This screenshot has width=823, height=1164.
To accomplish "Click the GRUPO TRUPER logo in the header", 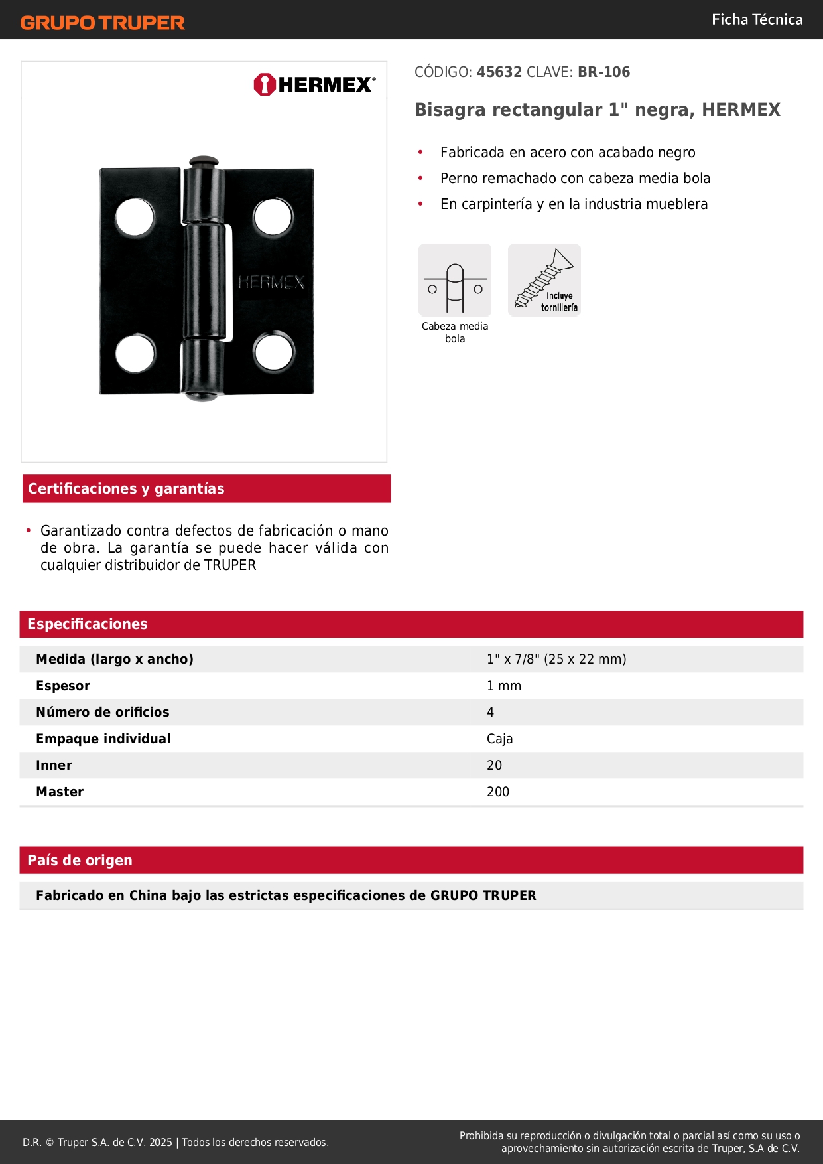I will pyautogui.click(x=102, y=23).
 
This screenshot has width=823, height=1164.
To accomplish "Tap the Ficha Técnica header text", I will pyautogui.click(x=757, y=19).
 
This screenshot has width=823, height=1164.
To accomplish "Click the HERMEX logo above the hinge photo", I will pyautogui.click(x=314, y=84).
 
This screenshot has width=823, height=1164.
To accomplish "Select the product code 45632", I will pyautogui.click(x=499, y=72).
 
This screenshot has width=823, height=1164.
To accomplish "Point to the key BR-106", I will pyautogui.click(x=603, y=72).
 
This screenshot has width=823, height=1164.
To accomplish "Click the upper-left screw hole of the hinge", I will pyautogui.click(x=135, y=217).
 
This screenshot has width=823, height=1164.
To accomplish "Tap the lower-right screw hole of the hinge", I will pyautogui.click(x=274, y=352).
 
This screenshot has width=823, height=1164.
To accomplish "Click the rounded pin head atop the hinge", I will pyautogui.click(x=203, y=162).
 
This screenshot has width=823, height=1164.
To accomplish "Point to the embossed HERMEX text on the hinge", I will pyautogui.click(x=271, y=283).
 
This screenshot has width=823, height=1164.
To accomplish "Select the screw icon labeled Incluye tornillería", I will pyautogui.click(x=544, y=280).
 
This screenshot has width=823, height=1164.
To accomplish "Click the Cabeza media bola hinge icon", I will pyautogui.click(x=455, y=280).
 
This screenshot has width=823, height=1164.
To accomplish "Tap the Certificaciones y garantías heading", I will pyautogui.click(x=126, y=489).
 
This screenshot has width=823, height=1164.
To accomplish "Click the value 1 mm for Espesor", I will pyautogui.click(x=504, y=686).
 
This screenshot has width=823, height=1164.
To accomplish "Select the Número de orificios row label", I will pyautogui.click(x=103, y=712).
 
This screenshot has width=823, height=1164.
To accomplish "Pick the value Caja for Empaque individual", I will pyautogui.click(x=499, y=739).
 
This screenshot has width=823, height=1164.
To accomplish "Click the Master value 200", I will pyautogui.click(x=498, y=792).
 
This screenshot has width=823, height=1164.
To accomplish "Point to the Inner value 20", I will pyautogui.click(x=494, y=765).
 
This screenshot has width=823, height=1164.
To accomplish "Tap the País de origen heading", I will pyautogui.click(x=80, y=860).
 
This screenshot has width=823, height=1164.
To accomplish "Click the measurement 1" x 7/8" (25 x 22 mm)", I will pyautogui.click(x=556, y=659).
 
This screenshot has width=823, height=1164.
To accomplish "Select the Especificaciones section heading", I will pyautogui.click(x=88, y=624).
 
